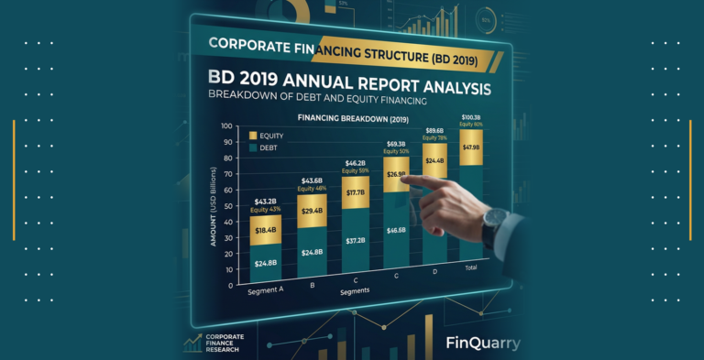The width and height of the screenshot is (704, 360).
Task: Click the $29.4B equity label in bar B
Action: point(313,212)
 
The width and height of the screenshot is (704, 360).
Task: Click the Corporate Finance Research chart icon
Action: point(193,343)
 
